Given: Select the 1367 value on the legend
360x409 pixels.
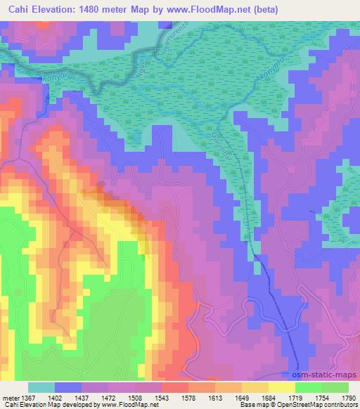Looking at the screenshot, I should tap(27, 397).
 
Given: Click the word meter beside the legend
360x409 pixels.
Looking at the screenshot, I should tap(9, 397).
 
